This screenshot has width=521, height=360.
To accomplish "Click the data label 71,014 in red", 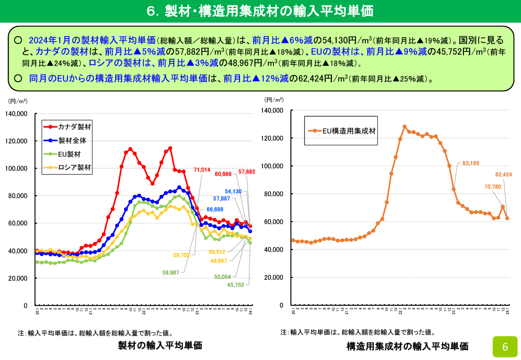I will [201, 170].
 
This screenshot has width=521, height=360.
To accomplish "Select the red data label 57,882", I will [247, 172].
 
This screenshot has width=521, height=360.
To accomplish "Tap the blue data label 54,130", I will [234, 192].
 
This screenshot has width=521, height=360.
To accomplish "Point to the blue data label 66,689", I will [215, 209].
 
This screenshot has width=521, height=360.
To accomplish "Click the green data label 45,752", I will [236, 285].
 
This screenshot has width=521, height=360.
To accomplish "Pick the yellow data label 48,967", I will [219, 261].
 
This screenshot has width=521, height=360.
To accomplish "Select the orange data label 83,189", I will [471, 163].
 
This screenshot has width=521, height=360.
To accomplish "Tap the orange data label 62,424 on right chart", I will [504, 175].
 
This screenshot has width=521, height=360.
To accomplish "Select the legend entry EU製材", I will [69, 154].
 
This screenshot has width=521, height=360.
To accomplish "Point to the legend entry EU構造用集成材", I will [349, 131].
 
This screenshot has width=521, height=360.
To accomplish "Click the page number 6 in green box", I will [505, 347].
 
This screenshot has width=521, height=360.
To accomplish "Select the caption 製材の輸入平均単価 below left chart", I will [160, 345].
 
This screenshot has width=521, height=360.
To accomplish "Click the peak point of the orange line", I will [405, 126].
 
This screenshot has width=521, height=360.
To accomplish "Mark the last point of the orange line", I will [507, 218].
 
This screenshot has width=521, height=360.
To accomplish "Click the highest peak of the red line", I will [170, 148].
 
